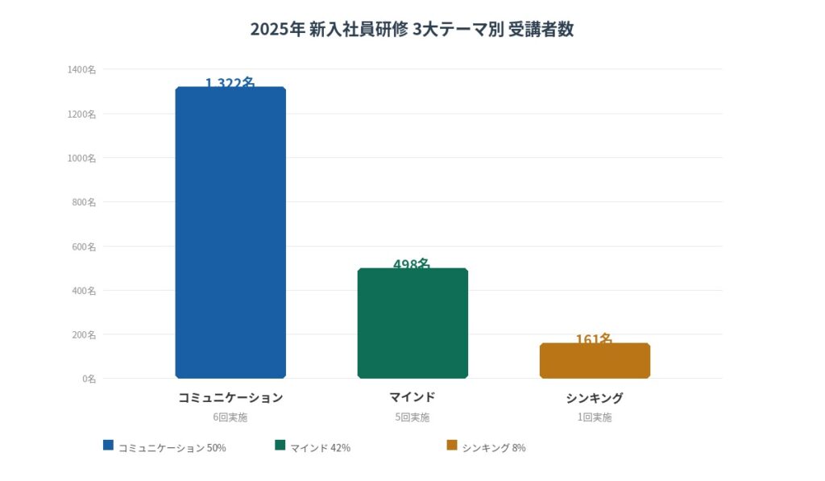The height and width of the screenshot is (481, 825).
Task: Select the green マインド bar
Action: (412, 322)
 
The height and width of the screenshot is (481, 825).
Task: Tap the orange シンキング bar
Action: (595, 360)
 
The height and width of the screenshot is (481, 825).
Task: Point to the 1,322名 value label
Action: (230, 82)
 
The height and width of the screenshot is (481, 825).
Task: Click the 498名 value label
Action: (412, 263)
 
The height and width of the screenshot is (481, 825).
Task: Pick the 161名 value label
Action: (595, 338)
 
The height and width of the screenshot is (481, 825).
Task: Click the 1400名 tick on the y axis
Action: (82, 70)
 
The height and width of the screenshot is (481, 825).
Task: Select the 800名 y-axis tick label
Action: (84, 202)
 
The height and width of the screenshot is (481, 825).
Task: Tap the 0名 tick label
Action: (89, 379)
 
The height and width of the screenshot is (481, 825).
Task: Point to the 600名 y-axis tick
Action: (84, 247)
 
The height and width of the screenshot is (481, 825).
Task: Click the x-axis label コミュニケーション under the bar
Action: (230, 397)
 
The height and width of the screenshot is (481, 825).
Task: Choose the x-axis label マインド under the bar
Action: (412, 397)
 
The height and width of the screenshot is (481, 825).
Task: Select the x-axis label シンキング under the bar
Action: (595, 398)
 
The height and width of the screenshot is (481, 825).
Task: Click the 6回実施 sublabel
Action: (230, 417)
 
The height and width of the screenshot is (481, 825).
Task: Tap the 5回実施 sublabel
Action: (412, 417)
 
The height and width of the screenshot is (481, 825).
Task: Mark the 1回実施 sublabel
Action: (595, 417)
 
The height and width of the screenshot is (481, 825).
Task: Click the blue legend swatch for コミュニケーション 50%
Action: (108, 445)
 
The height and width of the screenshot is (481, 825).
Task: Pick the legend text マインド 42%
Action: (320, 448)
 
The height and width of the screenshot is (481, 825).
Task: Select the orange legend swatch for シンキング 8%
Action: (451, 445)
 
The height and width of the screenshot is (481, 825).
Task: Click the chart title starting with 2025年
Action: (412, 30)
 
